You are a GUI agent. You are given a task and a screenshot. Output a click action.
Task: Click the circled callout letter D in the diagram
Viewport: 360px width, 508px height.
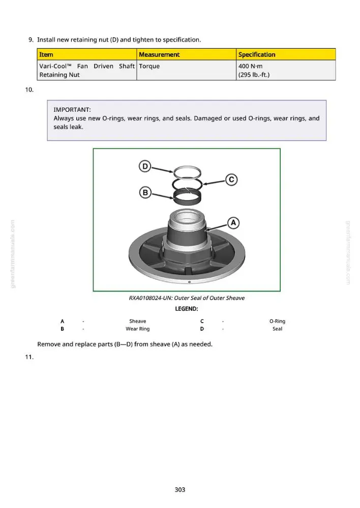[x=145, y=167]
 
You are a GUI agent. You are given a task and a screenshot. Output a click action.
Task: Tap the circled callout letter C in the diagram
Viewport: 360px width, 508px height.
[x=231, y=179]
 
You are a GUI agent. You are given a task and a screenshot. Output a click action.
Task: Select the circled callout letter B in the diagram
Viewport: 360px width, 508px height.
[x=145, y=193]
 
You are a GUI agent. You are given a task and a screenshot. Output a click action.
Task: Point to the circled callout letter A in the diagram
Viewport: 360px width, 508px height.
[x=233, y=223]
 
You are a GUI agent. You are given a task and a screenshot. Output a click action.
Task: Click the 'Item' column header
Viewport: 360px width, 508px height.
[x=46, y=54]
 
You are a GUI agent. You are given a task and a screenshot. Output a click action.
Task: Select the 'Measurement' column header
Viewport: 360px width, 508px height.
[x=159, y=54]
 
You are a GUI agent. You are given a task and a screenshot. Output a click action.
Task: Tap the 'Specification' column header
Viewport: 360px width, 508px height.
[x=257, y=54]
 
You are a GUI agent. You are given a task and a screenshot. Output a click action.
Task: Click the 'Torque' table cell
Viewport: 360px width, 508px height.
[x=149, y=66]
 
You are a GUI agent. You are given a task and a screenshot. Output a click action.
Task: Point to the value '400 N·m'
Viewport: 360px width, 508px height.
[x=250, y=66]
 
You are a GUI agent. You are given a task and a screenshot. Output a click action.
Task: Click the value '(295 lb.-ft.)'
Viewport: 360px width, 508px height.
[x=254, y=75]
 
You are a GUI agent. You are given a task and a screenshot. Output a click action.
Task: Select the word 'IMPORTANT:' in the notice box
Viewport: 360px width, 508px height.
[x=72, y=110]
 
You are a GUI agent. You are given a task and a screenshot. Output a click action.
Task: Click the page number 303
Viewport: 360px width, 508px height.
[x=180, y=490]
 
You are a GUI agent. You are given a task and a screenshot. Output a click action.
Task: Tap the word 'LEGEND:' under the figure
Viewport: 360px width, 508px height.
[x=187, y=309]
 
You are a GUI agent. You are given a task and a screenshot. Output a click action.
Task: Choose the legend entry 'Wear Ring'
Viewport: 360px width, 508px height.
[x=137, y=329]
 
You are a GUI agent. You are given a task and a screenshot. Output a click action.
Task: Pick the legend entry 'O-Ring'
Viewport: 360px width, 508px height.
[x=277, y=321]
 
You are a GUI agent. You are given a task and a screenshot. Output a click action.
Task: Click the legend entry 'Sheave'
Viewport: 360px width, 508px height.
[x=137, y=321]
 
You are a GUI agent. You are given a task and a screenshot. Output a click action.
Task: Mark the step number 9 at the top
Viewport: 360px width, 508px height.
[x=31, y=40]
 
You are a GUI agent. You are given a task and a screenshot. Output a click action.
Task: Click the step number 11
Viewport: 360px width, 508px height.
[x=29, y=357]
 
